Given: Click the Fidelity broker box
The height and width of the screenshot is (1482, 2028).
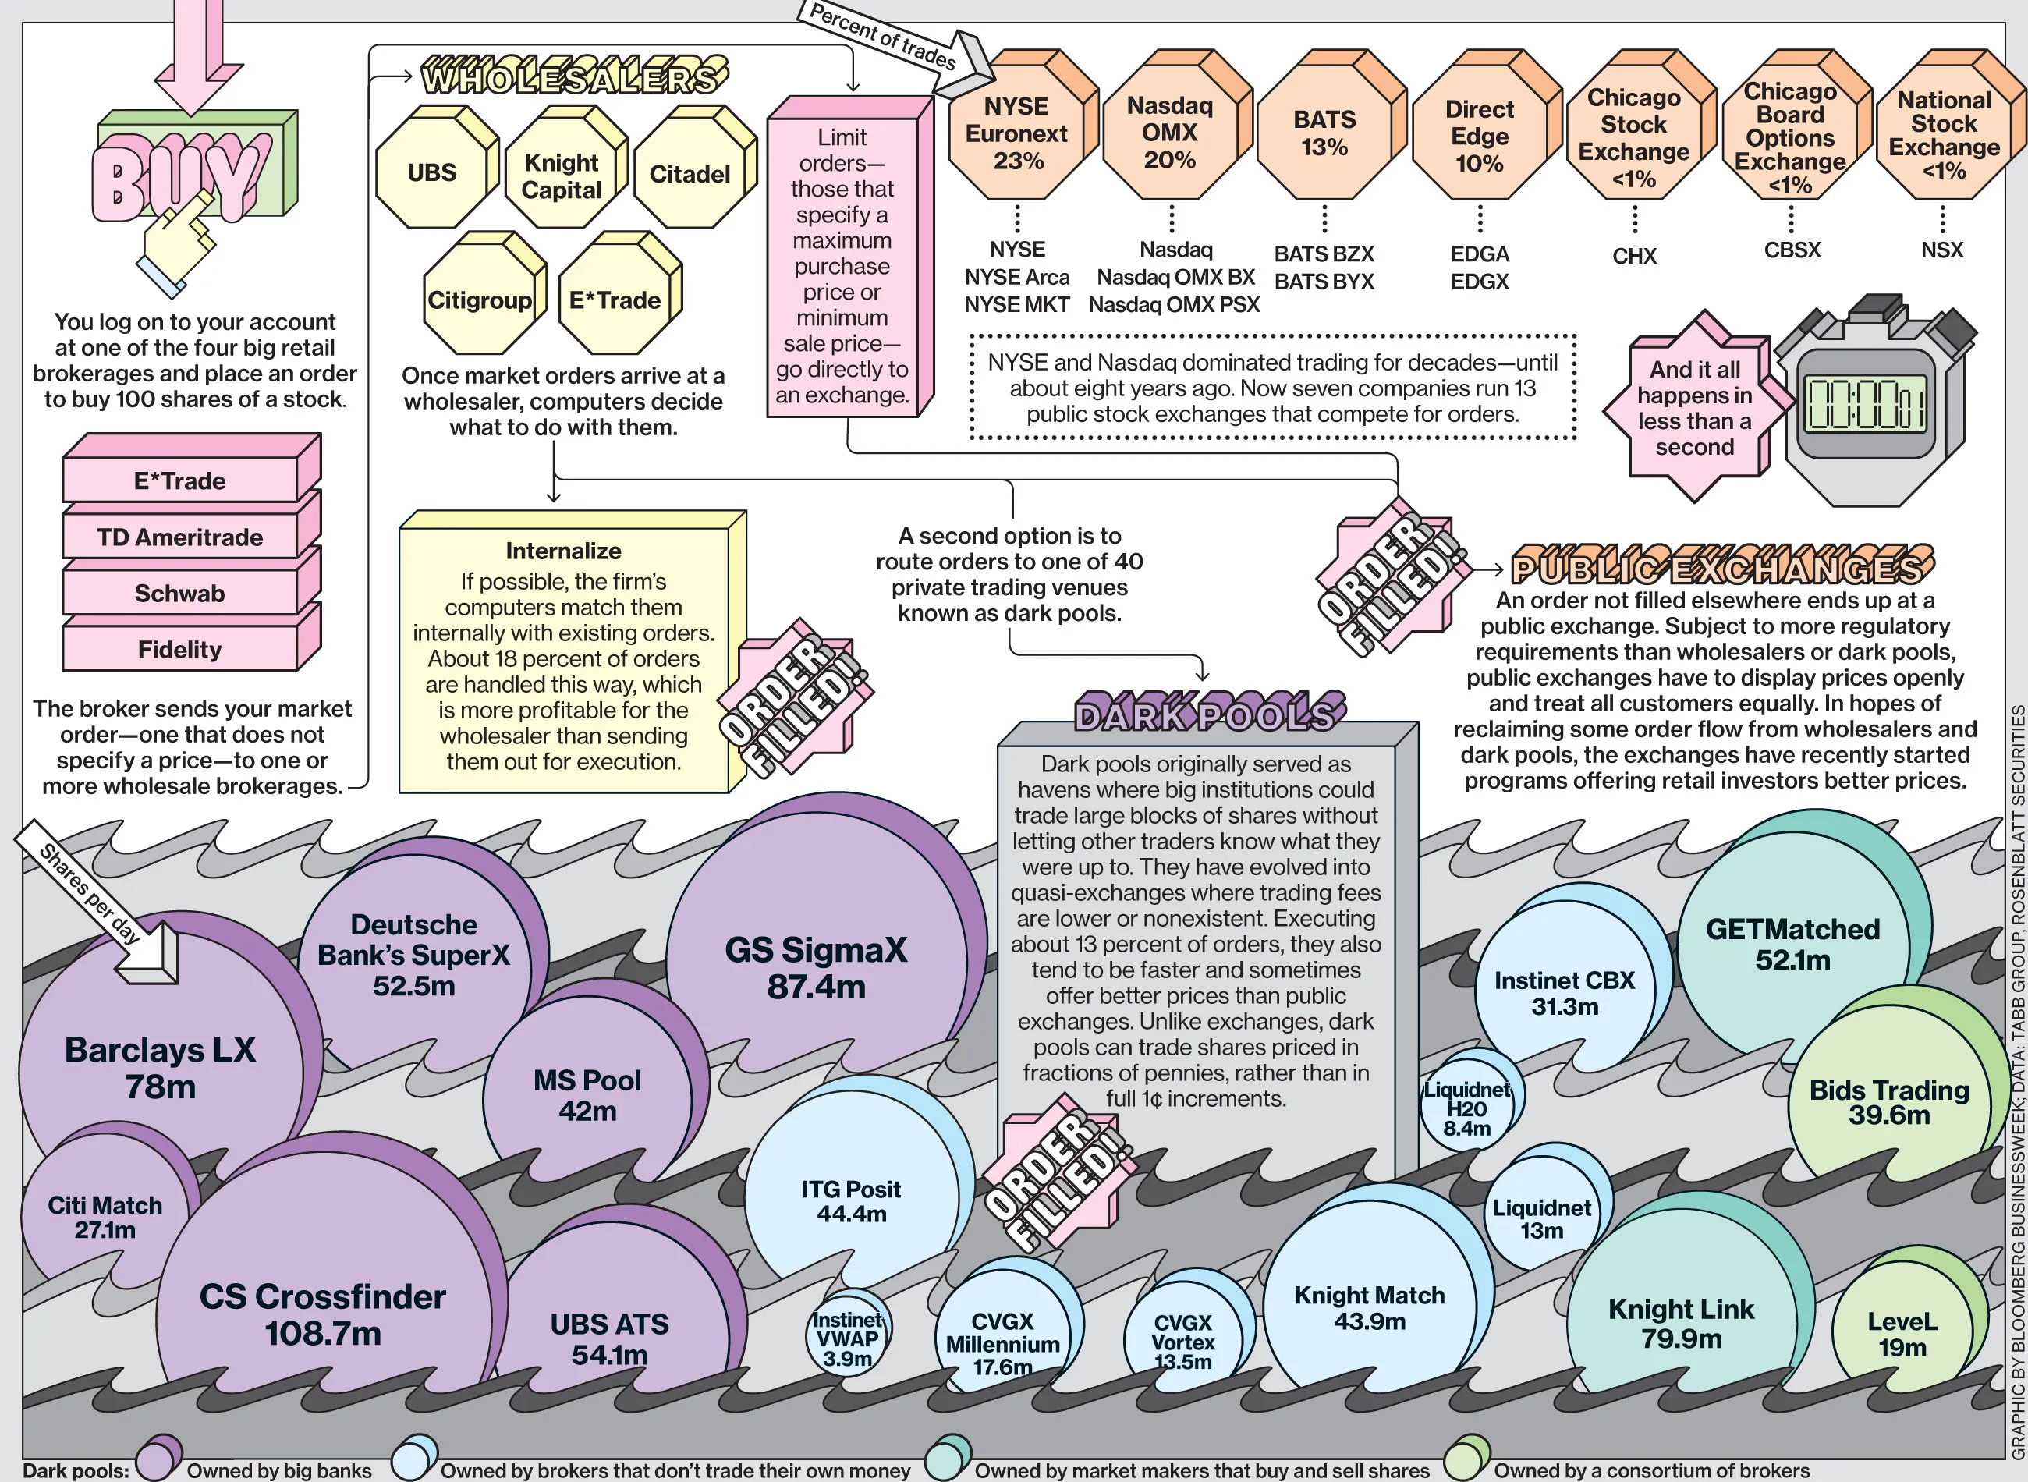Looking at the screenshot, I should click(180, 649).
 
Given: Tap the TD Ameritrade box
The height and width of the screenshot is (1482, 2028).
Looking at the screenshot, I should click(180, 537).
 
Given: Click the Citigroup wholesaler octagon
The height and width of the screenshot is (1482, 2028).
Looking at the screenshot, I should click(480, 300).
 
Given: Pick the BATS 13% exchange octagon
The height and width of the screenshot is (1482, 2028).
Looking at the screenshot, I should click(1324, 133).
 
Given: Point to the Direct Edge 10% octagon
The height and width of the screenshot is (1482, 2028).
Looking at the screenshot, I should click(1479, 136).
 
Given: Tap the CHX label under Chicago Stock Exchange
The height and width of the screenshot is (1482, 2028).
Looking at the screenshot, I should click(1634, 257).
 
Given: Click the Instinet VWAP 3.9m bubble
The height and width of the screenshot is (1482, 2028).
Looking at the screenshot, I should click(847, 1338).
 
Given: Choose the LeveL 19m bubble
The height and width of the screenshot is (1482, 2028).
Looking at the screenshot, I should click(1902, 1334).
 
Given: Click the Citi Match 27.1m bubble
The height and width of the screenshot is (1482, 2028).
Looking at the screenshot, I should click(105, 1217).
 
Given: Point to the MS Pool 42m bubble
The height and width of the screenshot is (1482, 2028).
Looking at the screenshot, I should click(587, 1094).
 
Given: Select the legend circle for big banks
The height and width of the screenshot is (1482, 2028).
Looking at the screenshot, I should click(158, 1458).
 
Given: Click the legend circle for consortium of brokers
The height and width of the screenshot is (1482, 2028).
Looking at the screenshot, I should click(1466, 1458).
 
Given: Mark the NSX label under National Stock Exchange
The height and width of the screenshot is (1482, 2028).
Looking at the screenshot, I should click(1942, 250).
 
